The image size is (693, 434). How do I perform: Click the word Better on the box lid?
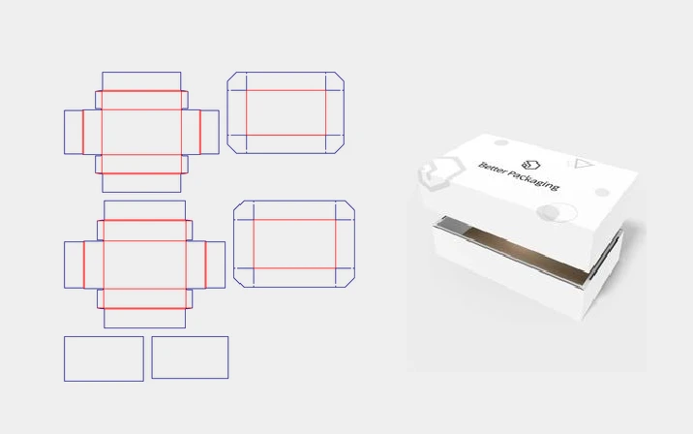[x=492, y=169]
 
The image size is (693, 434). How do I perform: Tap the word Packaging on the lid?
[x=532, y=180]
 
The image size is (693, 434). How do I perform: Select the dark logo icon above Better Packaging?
[x=530, y=165]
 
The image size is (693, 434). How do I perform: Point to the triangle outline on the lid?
[x=582, y=164]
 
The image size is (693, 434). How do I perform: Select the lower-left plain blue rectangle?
[x=104, y=358]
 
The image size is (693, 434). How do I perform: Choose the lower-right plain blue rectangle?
[x=190, y=357]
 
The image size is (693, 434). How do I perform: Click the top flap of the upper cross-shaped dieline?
[x=141, y=81]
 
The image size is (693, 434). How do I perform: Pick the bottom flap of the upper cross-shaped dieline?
[x=141, y=183]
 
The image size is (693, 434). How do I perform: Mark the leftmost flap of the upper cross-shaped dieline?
[x=74, y=133]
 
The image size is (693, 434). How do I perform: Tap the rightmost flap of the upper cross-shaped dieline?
[x=209, y=133]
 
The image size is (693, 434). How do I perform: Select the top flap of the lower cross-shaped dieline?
[x=144, y=210]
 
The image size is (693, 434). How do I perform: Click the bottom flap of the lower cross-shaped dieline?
[x=144, y=318]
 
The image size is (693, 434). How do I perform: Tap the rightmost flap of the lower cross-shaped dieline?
[x=216, y=264]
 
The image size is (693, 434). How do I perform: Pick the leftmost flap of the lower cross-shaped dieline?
[x=74, y=264]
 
